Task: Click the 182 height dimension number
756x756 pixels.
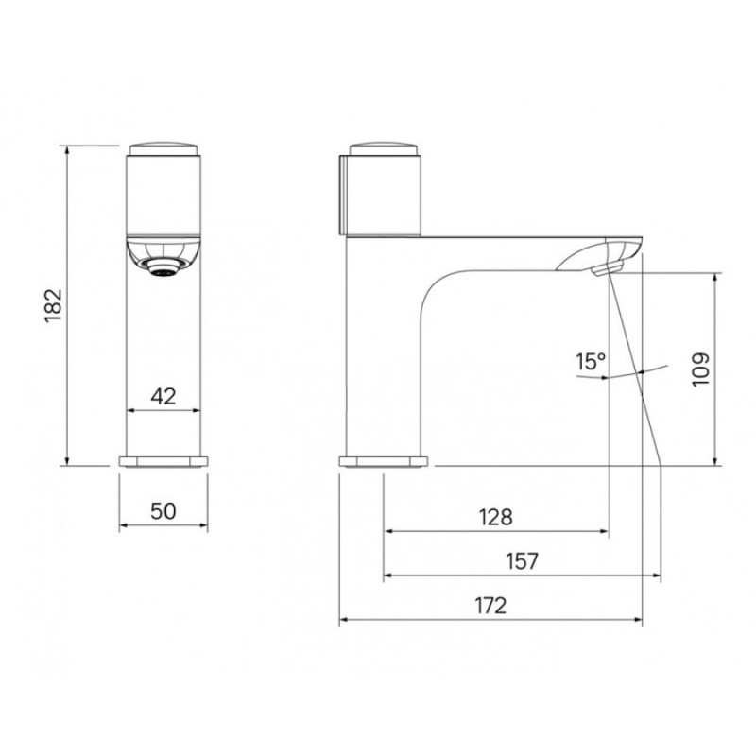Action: [54, 305]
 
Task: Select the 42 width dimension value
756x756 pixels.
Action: [163, 396]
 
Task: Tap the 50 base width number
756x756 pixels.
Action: [163, 511]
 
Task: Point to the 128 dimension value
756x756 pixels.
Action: [495, 517]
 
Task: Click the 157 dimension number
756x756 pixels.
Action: [522, 561]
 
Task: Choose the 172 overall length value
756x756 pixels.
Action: [490, 606]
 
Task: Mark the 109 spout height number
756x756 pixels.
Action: [700, 369]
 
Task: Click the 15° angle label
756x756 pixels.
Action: [590, 362]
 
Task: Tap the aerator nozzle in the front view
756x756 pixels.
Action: [163, 266]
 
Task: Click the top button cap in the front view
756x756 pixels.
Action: [163, 148]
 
